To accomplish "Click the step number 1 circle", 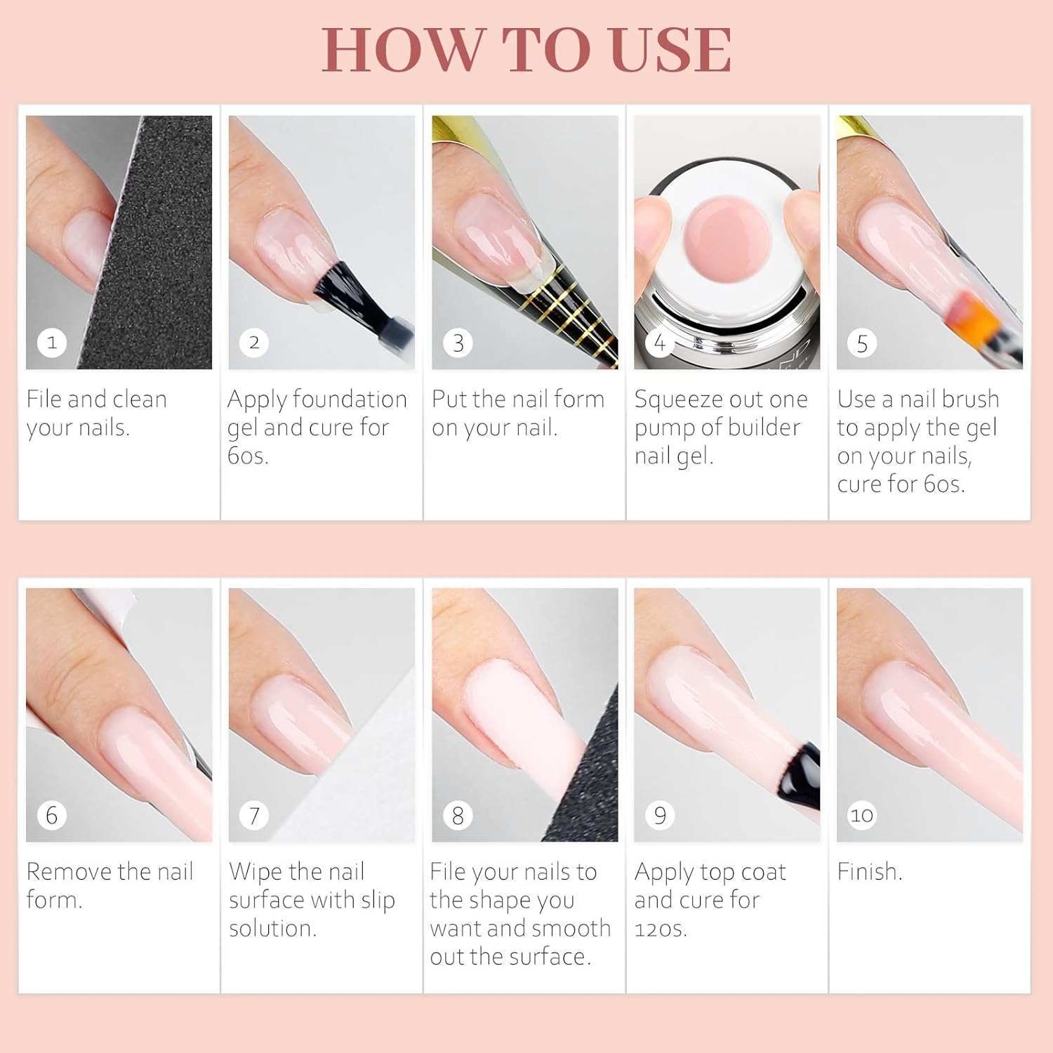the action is [51, 343].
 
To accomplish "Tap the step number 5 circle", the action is [862, 343].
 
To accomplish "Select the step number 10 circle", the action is [862, 815].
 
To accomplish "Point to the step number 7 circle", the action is [254, 815].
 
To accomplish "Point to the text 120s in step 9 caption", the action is [661, 928].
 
